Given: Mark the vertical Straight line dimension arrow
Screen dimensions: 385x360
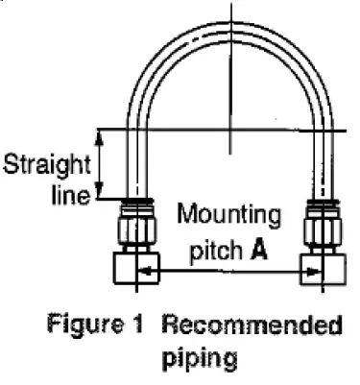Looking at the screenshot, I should point(101,163).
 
